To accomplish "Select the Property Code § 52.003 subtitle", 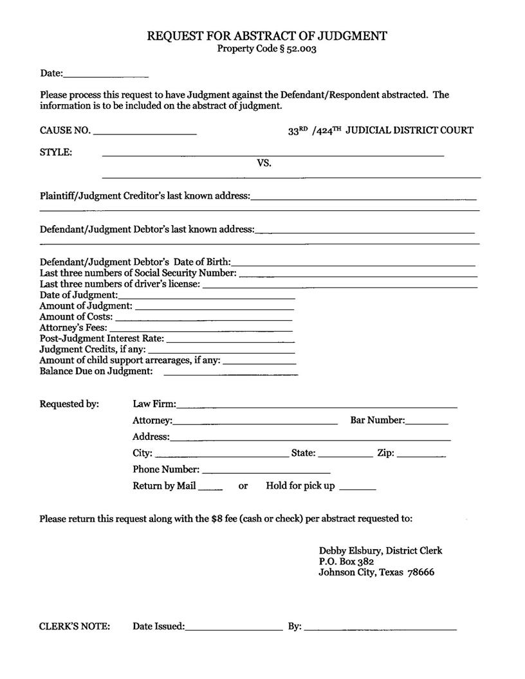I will click(x=266, y=49).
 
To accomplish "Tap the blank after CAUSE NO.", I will click(x=145, y=133).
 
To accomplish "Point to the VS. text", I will click(x=264, y=163).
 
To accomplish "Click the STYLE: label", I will click(x=56, y=152).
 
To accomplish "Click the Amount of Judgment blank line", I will click(x=215, y=309).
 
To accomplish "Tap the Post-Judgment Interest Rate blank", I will click(x=230, y=341).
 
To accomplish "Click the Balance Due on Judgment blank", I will click(x=231, y=374).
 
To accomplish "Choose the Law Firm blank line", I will click(x=317, y=407).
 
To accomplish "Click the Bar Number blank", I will click(x=427, y=424).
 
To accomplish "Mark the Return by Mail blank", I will click(x=210, y=489).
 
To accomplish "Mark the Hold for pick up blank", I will click(x=357, y=489).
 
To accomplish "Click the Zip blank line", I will click(x=421, y=456).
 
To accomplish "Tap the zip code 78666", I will click(x=421, y=572).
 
